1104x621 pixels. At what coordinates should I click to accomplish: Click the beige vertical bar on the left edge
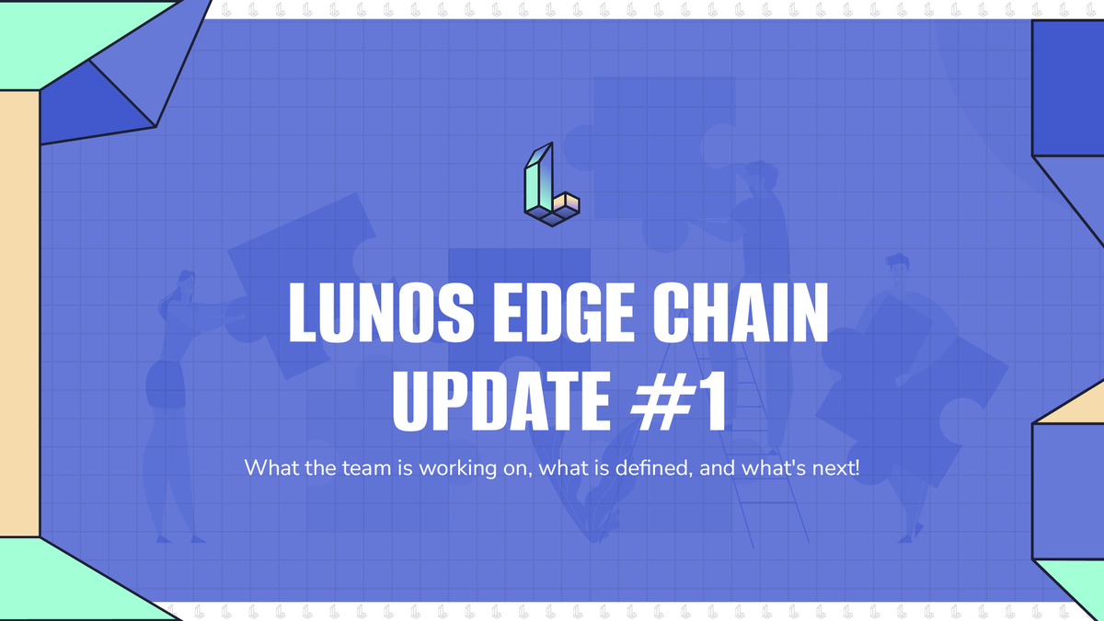(x=19, y=313)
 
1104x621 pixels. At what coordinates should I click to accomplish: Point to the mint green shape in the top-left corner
(x=74, y=37)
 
